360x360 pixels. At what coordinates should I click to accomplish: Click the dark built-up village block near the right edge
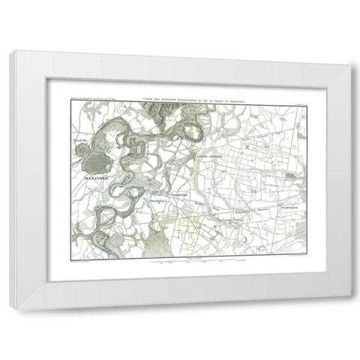pyautogui.click(x=289, y=176)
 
